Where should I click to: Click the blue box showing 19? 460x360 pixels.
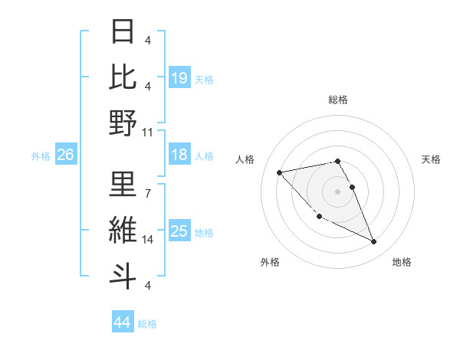click(x=179, y=77)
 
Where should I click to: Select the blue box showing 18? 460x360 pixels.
click(x=179, y=155)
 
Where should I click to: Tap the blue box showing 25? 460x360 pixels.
click(x=179, y=231)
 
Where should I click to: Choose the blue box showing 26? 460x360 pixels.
click(x=65, y=155)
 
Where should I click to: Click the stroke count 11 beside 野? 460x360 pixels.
click(x=148, y=132)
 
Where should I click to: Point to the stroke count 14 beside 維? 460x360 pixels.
click(x=148, y=239)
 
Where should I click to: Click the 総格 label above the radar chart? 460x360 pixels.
click(x=338, y=100)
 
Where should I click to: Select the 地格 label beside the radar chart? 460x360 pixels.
click(x=402, y=262)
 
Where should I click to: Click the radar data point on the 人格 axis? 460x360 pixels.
click(x=279, y=172)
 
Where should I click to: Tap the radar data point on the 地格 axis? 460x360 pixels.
click(x=373, y=242)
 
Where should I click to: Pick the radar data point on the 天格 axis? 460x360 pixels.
click(x=352, y=187)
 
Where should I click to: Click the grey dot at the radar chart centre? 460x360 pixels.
click(x=337, y=191)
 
